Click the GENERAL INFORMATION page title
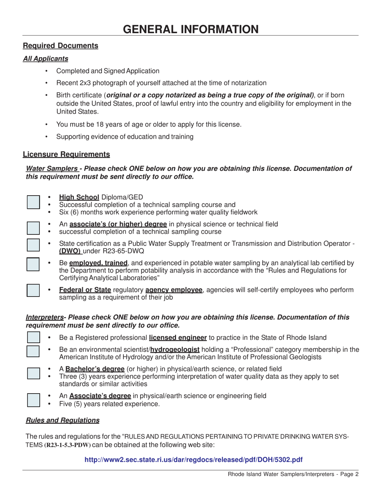pyautogui.click(x=190, y=29)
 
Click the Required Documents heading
pyautogui.click(x=61, y=46)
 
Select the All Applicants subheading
pyautogui.click(x=45, y=59)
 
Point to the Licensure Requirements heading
pyautogui.click(x=66, y=154)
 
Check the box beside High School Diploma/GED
pyautogui.click(x=33, y=202)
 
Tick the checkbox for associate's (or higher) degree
pyautogui.click(x=33, y=228)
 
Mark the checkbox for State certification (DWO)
pyautogui.click(x=33, y=244)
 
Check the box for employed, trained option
pyautogui.click(x=33, y=264)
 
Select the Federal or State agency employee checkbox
pyautogui.click(x=33, y=290)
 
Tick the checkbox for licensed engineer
pyautogui.click(x=33, y=337)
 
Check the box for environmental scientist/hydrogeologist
pyautogui.click(x=33, y=351)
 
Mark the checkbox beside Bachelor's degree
pyautogui.click(x=33, y=373)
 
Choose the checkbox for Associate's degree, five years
pyautogui.click(x=33, y=400)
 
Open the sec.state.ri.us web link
pyautogui.click(x=193, y=460)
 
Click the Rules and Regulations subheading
pyautogui.click(x=63, y=420)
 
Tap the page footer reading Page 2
pyautogui.click(x=293, y=474)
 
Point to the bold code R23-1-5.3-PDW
pyautogui.click(x=67, y=445)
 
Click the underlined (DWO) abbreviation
pyautogui.click(x=70, y=251)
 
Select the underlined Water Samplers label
pyautogui.click(x=52, y=169)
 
